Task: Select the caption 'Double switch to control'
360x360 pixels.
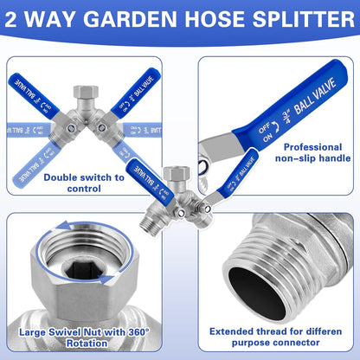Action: click(84, 183)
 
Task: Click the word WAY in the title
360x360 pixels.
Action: click(68, 19)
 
